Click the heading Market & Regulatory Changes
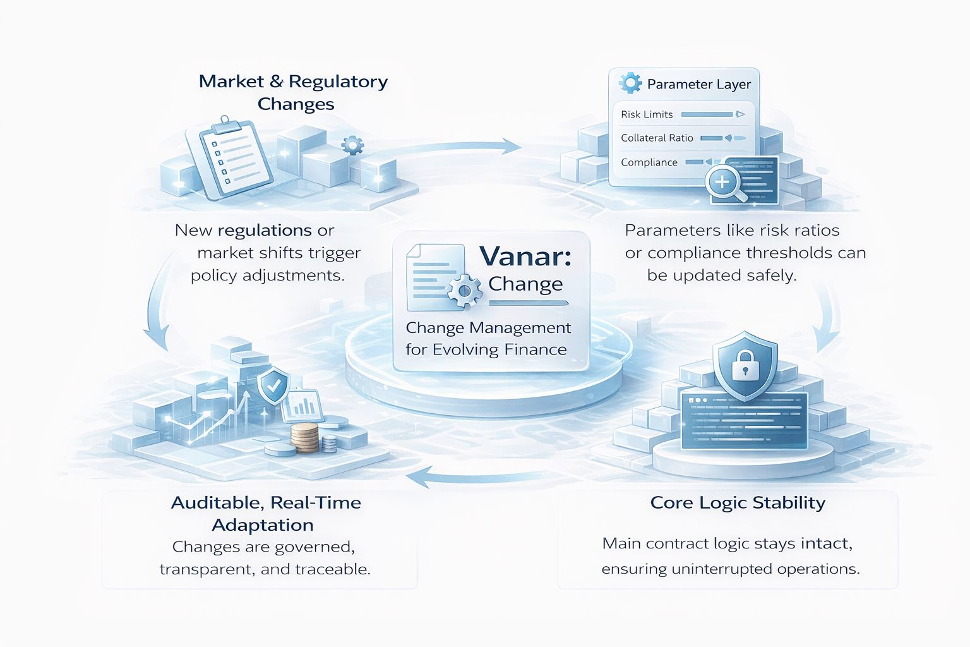293,92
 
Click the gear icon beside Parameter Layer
630,83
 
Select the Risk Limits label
647,114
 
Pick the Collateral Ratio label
657,138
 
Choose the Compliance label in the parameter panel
649,162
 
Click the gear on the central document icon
465,290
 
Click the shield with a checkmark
273,386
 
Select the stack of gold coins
304,438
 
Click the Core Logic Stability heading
738,503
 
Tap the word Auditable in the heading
217,503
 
